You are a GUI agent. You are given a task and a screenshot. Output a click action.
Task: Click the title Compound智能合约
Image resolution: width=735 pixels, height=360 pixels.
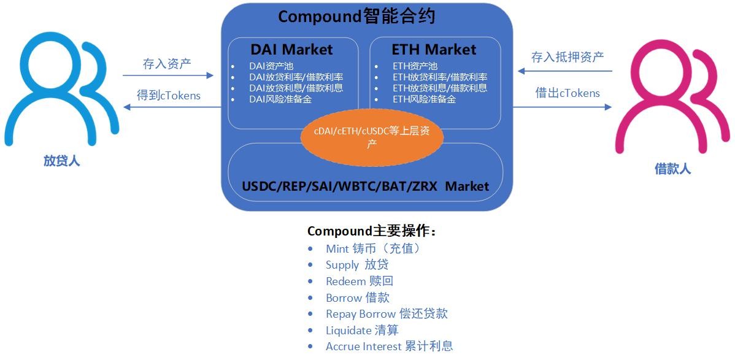click(356, 17)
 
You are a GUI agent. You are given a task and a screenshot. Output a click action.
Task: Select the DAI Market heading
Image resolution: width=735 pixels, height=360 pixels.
click(291, 50)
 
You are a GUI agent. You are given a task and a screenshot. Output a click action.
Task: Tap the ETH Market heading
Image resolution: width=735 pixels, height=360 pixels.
click(434, 50)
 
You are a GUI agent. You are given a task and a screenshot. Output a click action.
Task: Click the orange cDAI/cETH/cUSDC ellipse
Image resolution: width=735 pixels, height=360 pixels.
click(372, 139)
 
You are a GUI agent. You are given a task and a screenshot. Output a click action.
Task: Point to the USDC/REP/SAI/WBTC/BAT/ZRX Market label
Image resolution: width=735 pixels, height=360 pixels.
click(366, 186)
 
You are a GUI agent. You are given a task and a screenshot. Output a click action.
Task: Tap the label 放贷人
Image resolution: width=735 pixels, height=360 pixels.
click(61, 161)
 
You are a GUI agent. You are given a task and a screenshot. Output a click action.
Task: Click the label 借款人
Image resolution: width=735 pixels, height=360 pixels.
click(672, 169)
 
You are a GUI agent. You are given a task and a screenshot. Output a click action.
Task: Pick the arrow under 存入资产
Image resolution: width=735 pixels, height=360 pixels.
click(168, 75)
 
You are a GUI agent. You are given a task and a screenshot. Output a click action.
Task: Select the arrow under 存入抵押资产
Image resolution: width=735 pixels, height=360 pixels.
click(565, 71)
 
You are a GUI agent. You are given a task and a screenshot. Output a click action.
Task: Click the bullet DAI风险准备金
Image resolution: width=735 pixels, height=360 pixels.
click(280, 99)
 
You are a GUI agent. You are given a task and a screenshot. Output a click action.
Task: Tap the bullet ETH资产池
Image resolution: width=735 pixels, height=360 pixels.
click(415, 66)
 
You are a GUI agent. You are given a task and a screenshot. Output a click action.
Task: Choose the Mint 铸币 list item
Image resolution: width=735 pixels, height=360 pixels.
click(372, 248)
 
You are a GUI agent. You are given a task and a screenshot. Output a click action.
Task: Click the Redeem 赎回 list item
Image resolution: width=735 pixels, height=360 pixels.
click(359, 281)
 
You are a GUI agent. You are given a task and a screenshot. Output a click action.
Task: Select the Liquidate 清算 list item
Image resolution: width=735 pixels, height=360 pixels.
click(362, 330)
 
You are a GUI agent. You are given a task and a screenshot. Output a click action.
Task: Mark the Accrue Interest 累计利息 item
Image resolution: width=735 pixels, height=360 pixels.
click(389, 347)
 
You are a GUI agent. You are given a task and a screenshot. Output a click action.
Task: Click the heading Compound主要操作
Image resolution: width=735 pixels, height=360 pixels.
click(372, 231)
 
